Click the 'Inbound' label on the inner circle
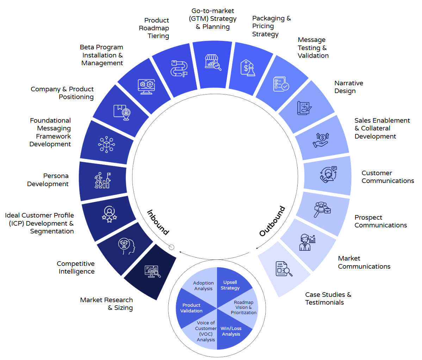[x=158, y=222]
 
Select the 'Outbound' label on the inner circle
[x=272, y=221]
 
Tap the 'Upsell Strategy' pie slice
[x=230, y=285]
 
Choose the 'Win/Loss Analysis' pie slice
[x=231, y=331]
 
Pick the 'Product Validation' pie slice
[x=191, y=308]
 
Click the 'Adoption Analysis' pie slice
[x=203, y=286]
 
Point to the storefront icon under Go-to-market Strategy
[x=213, y=62]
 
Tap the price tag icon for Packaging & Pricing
[x=248, y=68]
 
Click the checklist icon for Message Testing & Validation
[x=281, y=84]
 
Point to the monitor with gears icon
[x=147, y=86]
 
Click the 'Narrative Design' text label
[x=348, y=87]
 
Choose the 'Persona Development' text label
[x=48, y=180]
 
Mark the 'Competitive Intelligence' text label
[x=76, y=268]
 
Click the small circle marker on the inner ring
[x=172, y=247]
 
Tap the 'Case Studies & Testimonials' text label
[x=328, y=298]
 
